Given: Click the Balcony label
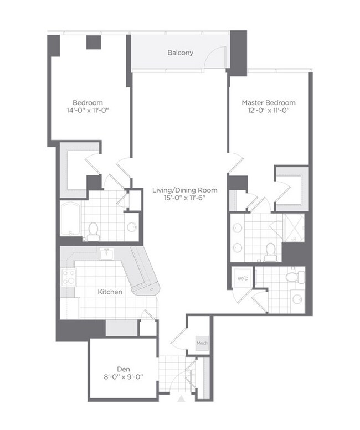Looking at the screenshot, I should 181,53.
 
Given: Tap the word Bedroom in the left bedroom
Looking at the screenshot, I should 88,102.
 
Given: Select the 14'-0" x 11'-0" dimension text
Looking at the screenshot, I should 88,111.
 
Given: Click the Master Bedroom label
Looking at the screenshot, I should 268,102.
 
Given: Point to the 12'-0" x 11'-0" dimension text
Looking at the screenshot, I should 268,111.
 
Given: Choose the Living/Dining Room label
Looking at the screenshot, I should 184,190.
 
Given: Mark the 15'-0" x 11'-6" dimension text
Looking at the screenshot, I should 184,199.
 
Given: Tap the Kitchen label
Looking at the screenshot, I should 110,291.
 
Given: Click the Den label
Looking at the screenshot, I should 123,369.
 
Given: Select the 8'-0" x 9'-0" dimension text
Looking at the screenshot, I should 123,377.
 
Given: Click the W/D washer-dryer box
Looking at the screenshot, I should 243,278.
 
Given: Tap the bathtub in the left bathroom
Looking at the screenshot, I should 70,220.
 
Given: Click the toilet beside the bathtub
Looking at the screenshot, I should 92,230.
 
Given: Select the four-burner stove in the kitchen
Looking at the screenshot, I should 69,277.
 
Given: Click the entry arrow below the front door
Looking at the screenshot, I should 181,399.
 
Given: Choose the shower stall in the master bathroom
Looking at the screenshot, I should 294,227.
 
